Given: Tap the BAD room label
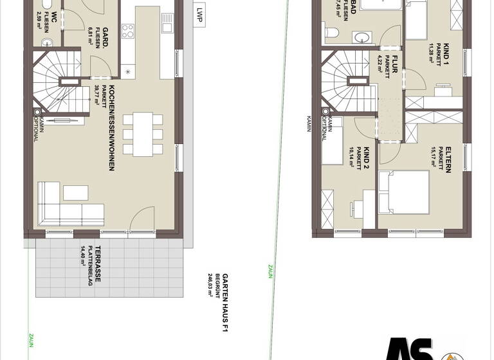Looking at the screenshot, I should pyautogui.click(x=353, y=8).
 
